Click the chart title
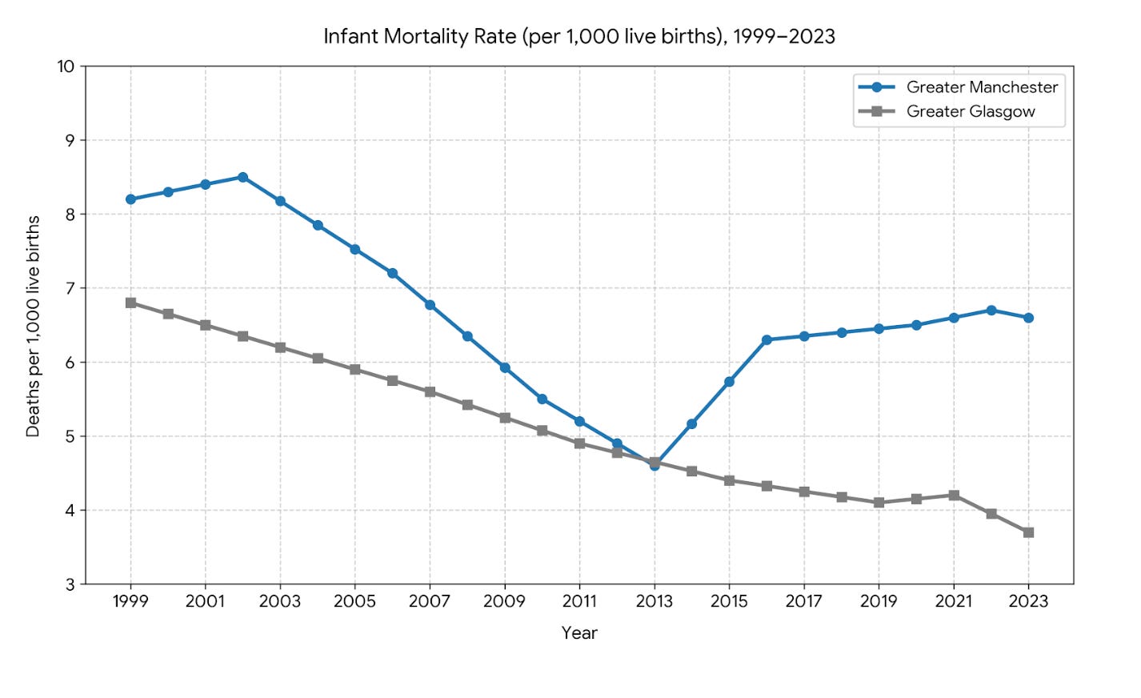(x=579, y=37)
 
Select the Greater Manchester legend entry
(x=958, y=87)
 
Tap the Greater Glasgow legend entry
(x=947, y=111)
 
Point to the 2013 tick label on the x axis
(x=655, y=601)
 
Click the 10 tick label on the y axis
(x=65, y=66)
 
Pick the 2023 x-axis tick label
(x=1028, y=601)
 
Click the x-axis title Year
(x=579, y=633)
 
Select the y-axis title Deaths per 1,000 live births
(x=33, y=326)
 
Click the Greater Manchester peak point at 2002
(x=243, y=178)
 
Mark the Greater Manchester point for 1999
(x=131, y=199)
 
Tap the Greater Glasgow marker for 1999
(x=131, y=303)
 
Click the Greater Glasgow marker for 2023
(x=1028, y=532)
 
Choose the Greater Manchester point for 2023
(x=1028, y=318)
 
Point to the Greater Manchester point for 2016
(x=767, y=340)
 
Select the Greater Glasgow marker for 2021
(x=954, y=495)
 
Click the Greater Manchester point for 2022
(x=991, y=311)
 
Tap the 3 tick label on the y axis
(x=70, y=584)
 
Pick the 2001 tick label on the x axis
(x=206, y=601)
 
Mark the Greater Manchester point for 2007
(x=430, y=305)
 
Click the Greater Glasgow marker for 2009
(x=505, y=418)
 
